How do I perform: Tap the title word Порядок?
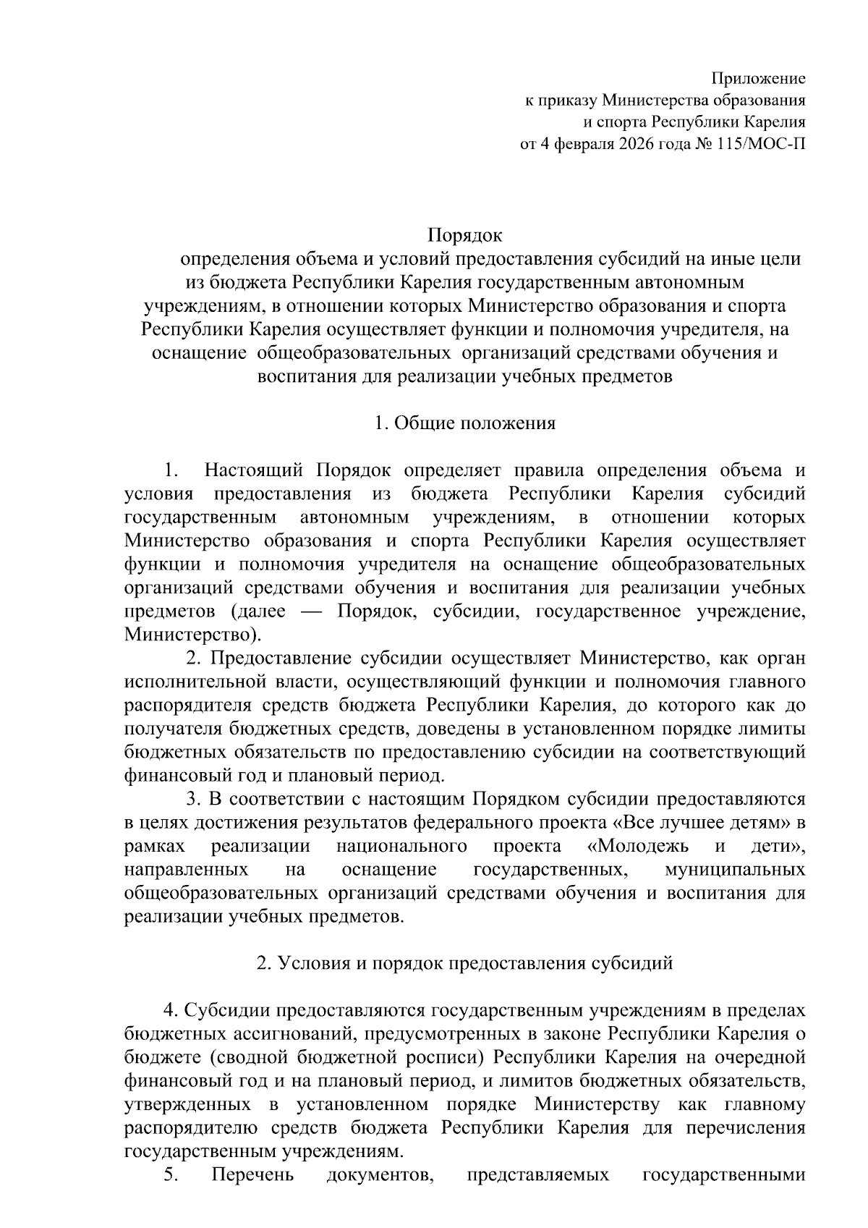[464, 235]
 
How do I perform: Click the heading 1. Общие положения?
[464, 423]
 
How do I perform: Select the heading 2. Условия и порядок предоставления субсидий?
[464, 963]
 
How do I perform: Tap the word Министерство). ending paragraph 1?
[193, 635]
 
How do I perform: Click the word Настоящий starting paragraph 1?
[253, 470]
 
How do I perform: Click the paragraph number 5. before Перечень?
[171, 1174]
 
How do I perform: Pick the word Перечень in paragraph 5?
[252, 1174]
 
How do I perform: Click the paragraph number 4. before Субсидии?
[171, 1010]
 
